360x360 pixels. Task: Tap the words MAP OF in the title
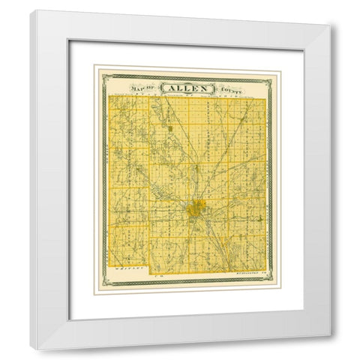[x=144, y=87]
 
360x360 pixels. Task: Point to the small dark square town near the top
[x=170, y=127]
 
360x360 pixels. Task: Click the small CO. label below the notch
[x=153, y=276]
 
